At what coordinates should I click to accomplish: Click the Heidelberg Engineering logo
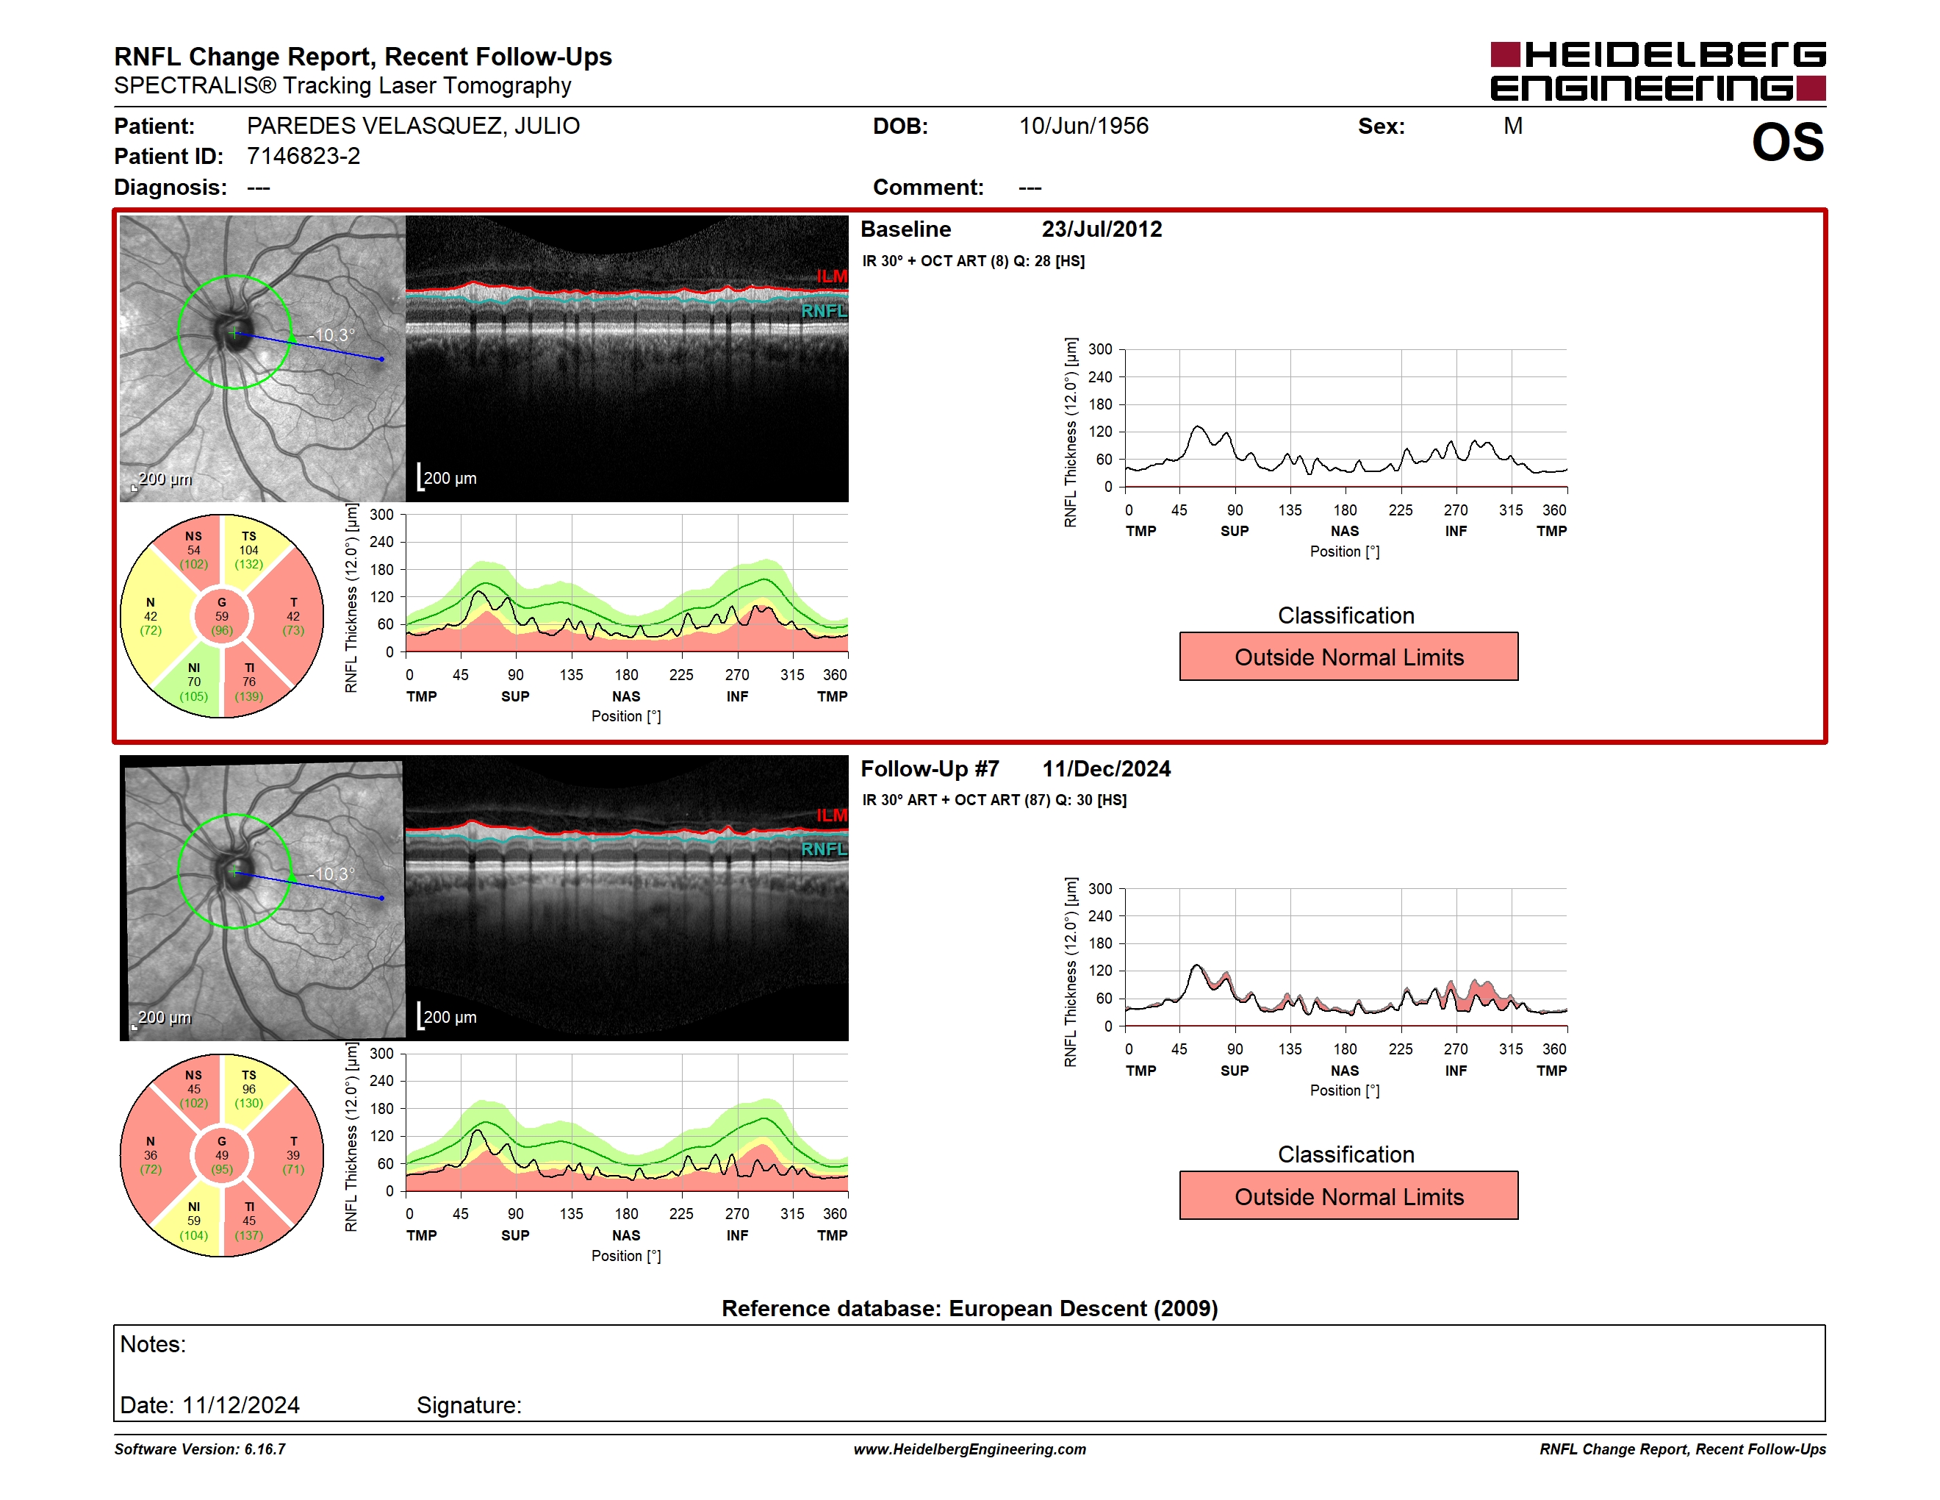[x=1658, y=71]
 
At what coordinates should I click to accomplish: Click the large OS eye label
[x=1787, y=142]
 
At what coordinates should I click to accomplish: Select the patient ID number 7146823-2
[x=303, y=157]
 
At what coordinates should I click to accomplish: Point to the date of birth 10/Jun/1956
[x=1084, y=126]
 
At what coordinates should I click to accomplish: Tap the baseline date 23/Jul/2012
[x=1102, y=229]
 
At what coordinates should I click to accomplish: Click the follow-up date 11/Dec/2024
[x=1106, y=768]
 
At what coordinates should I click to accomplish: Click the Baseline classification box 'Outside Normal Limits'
[x=1348, y=657]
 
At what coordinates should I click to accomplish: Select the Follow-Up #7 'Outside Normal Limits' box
[x=1348, y=1196]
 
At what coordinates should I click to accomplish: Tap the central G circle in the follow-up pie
[x=222, y=1155]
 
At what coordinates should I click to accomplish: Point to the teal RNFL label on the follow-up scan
[x=824, y=849]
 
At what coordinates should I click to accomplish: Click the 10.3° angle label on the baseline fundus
[x=335, y=335]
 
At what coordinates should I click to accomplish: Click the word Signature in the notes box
[x=468, y=1405]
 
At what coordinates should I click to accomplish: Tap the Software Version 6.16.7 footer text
[x=200, y=1449]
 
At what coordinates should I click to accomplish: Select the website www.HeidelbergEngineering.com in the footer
[x=970, y=1449]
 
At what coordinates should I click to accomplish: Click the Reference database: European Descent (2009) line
[x=970, y=1308]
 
